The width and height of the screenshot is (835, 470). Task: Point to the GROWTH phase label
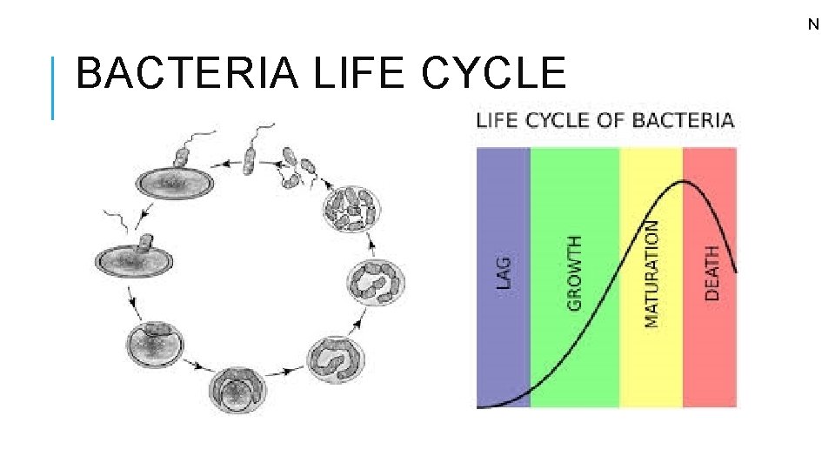(574, 273)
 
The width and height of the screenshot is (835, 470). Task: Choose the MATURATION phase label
(651, 273)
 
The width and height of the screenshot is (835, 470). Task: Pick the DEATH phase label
(712, 273)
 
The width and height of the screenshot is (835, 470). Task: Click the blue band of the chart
(504, 348)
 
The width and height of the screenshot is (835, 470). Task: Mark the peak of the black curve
(686, 181)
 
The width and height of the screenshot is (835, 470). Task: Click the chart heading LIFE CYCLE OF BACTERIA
(605, 121)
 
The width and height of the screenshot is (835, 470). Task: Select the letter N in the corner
(813, 24)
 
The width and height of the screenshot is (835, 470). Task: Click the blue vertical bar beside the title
(53, 87)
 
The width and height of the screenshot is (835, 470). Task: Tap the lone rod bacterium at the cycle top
(250, 159)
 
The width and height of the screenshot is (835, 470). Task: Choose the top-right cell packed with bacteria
(351, 209)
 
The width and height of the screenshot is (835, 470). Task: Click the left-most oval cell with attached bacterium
(135, 256)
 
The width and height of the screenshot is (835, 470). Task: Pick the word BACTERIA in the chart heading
(683, 121)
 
